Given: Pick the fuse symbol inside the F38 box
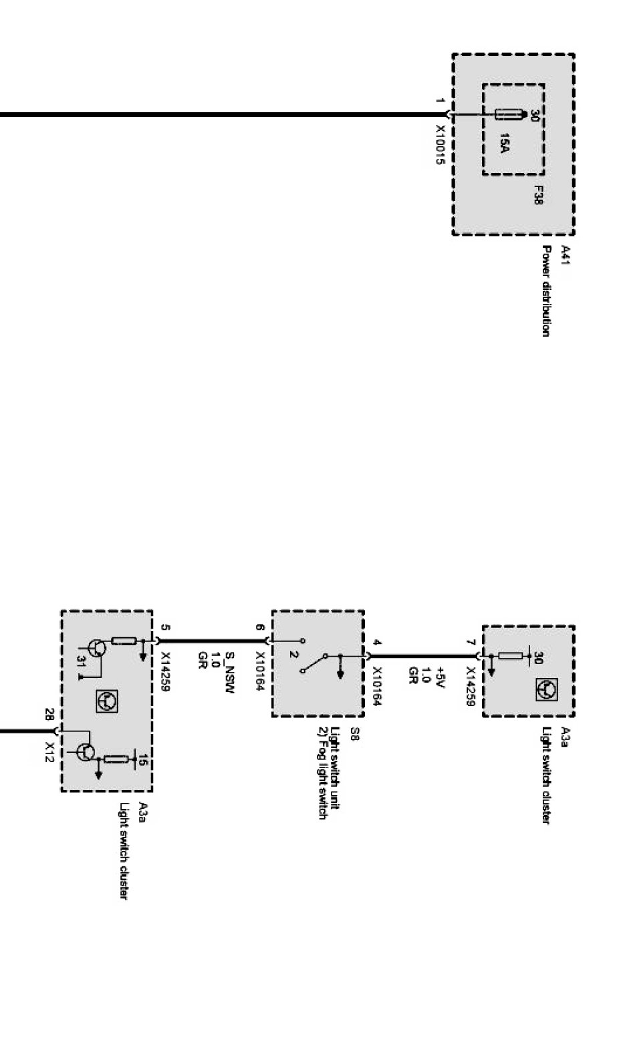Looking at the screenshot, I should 508,115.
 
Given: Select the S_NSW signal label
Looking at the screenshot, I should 229,672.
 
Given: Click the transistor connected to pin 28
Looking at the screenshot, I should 85,751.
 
